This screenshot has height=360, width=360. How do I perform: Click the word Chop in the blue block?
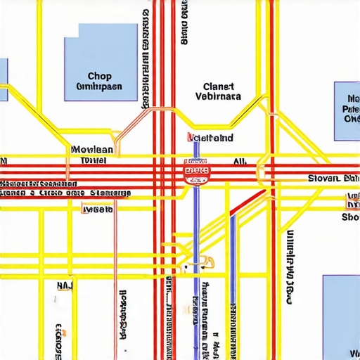(x=100, y=76)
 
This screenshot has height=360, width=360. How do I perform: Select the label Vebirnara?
(x=217, y=98)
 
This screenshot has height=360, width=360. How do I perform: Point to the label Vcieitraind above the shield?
(x=211, y=138)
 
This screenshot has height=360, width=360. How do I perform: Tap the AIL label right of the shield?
(x=239, y=161)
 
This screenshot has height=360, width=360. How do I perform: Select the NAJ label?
(x=64, y=285)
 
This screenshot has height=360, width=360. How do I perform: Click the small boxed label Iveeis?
(x=97, y=209)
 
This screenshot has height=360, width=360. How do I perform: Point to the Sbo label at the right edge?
(x=350, y=217)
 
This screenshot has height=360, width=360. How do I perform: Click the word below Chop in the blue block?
(x=98, y=87)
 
